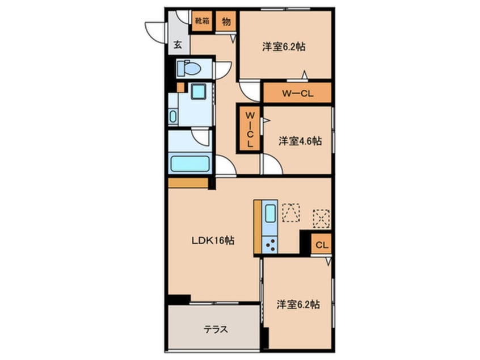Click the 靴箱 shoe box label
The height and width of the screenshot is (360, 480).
(202, 21)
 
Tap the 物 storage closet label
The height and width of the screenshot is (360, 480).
(226, 22)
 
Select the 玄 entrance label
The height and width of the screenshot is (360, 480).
(178, 45)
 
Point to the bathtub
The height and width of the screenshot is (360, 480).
(190, 164)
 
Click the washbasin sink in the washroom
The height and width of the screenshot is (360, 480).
(173, 116)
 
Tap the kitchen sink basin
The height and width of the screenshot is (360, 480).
(270, 214)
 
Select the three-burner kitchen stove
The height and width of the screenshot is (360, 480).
(270, 245)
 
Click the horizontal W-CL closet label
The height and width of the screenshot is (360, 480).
(297, 94)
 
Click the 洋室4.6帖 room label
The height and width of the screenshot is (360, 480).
(300, 141)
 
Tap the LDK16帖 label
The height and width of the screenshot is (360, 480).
(213, 241)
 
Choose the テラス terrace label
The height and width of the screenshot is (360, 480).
(216, 329)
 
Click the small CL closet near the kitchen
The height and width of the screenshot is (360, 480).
(322, 245)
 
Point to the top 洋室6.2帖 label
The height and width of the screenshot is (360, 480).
(284, 47)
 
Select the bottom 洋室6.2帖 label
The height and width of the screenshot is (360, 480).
(298, 304)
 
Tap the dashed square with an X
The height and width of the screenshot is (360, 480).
(321, 219)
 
